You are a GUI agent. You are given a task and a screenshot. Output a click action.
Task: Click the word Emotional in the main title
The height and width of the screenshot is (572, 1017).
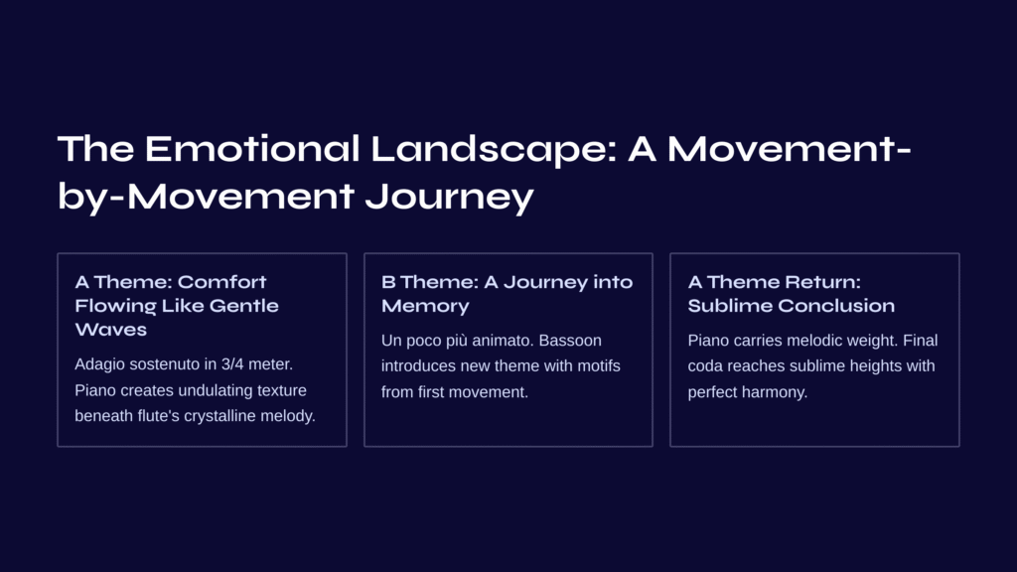tap(251, 149)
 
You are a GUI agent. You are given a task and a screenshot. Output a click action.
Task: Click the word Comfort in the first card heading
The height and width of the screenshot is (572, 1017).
tap(221, 282)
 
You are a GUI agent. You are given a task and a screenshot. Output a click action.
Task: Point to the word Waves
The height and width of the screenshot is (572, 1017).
tap(111, 330)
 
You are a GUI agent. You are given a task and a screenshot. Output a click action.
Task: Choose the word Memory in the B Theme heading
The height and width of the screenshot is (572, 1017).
tap(425, 306)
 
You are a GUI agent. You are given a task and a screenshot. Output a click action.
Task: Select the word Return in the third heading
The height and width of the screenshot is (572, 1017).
tap(822, 282)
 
